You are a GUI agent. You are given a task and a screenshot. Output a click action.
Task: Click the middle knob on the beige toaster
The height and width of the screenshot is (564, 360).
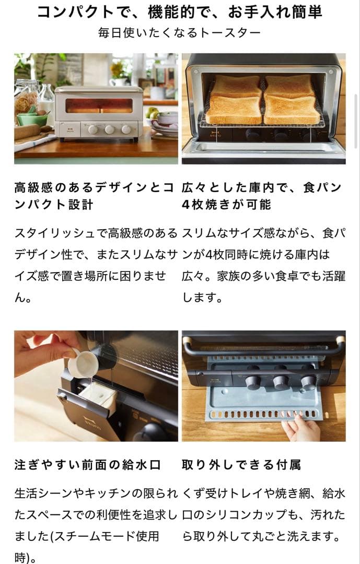coord(109,130)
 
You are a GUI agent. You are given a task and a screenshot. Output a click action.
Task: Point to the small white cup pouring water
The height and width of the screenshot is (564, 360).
coord(82,363)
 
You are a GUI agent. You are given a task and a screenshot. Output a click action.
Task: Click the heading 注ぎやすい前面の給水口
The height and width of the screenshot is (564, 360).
coord(87,465)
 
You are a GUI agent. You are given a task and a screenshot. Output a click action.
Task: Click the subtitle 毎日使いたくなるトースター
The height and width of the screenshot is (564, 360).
coord(180,33)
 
